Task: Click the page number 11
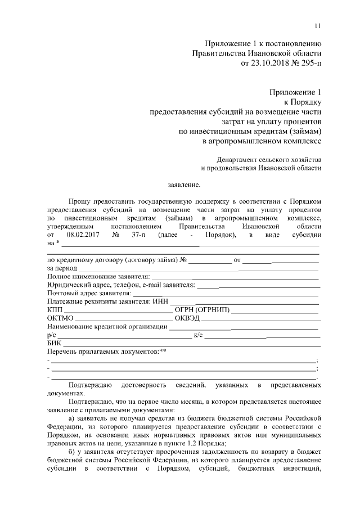(318, 25)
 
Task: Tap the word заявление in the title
(184, 184)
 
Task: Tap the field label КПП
(55, 310)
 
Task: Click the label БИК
(55, 343)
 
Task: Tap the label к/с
(198, 335)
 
